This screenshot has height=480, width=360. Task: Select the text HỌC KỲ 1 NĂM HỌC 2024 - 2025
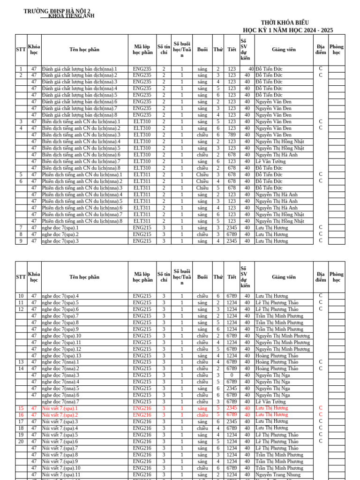click(x=288, y=30)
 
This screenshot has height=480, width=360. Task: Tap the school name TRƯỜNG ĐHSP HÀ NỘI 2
click(x=57, y=11)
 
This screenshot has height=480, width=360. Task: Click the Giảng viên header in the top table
click(x=284, y=50)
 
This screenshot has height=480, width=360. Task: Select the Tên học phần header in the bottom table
click(x=84, y=277)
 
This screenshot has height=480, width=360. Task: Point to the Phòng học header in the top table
click(x=336, y=50)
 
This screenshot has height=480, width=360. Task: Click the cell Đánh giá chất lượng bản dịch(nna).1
click(x=79, y=69)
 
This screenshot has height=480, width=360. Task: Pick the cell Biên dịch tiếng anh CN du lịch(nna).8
click(x=81, y=168)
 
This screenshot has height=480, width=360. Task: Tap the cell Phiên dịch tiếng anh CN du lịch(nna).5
click(x=82, y=201)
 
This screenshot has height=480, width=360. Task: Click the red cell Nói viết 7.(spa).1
click(x=60, y=408)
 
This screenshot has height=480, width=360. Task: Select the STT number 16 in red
click(x=21, y=415)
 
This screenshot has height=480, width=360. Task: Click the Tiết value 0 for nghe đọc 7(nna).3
click(x=232, y=375)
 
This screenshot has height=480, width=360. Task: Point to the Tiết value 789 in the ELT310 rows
click(x=232, y=135)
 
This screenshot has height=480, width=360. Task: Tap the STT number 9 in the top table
click(x=21, y=241)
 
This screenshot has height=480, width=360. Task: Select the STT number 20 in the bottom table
click(x=21, y=442)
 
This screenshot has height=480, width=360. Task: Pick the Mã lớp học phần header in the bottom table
click(x=142, y=277)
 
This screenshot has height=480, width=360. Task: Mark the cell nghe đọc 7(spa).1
click(x=60, y=228)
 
